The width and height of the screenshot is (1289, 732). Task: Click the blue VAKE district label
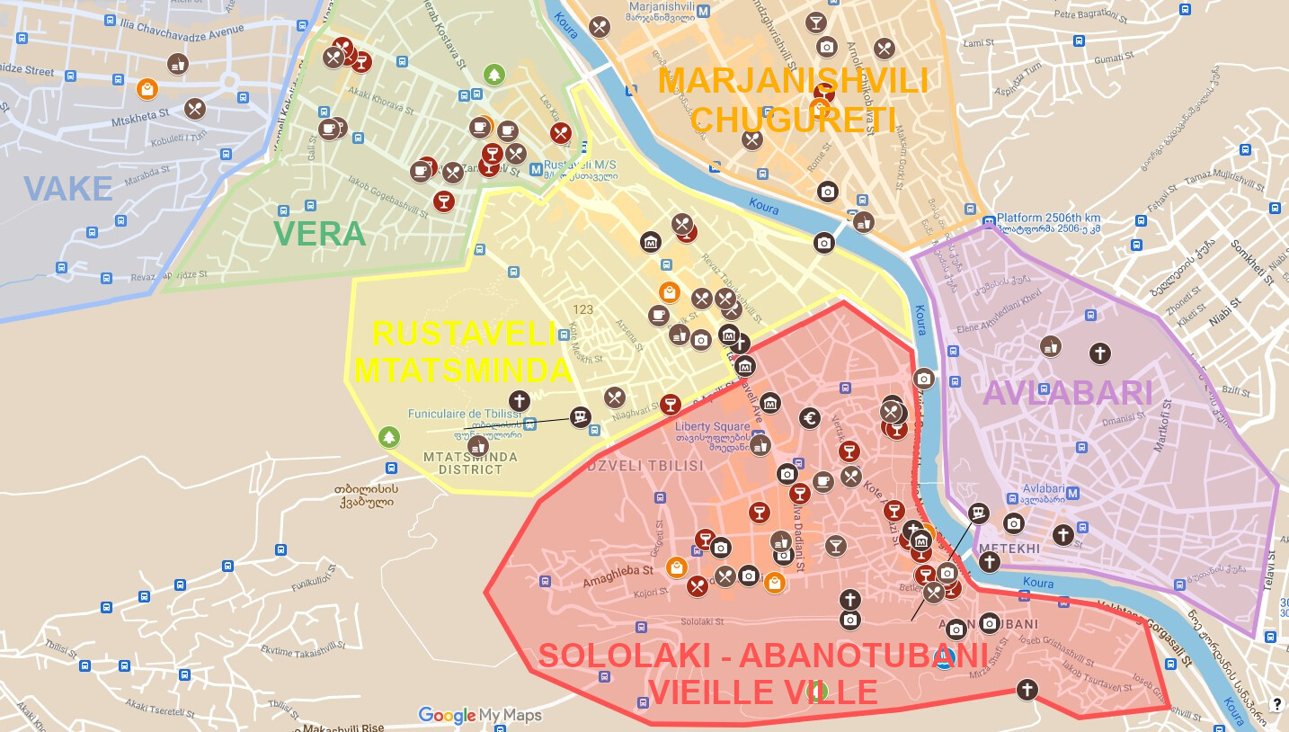[x=68, y=189]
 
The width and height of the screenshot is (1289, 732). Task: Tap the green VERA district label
[x=320, y=234]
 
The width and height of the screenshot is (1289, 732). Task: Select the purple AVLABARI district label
[x=1068, y=393]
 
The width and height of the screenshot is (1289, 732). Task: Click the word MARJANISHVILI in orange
[x=793, y=81]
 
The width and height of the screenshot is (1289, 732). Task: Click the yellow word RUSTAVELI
[x=465, y=334]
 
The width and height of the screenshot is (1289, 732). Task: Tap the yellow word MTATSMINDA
[x=463, y=370]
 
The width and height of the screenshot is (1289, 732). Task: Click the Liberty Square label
[x=713, y=426]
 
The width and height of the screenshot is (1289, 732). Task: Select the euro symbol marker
[x=809, y=417]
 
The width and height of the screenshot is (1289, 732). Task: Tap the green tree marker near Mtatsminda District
[x=388, y=437]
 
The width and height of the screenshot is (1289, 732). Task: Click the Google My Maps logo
[x=480, y=716]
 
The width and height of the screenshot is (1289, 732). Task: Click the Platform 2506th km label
[x=1048, y=219]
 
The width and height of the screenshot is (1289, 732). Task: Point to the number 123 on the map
[x=582, y=309]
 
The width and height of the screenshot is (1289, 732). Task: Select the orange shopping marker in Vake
[x=147, y=89]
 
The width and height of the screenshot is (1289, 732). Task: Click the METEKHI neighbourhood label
[x=1009, y=548]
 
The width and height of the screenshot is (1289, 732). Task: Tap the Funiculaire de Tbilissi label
[x=464, y=414]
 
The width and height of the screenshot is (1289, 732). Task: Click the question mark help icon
[x=1276, y=704]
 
